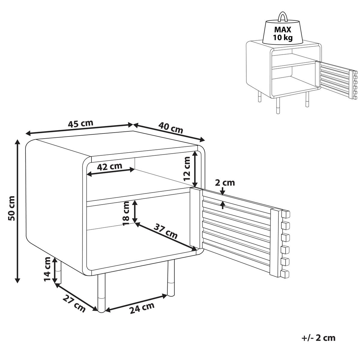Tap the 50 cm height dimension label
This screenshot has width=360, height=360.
point(11,208)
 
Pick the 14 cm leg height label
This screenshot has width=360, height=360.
point(47,269)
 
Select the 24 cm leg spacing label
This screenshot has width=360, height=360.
point(142,308)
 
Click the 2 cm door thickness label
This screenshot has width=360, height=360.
point(225,182)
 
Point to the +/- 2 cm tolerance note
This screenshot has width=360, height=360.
point(318,338)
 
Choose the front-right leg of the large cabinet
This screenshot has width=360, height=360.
point(171,277)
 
